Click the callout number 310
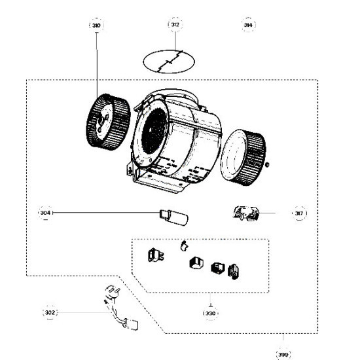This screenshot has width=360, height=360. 96,25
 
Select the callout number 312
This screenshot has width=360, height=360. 175,25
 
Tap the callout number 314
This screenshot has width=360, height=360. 248,25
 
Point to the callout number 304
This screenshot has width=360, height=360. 45,213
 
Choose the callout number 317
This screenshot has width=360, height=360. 299,213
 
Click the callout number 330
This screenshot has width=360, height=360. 210,314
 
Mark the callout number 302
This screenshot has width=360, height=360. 51,313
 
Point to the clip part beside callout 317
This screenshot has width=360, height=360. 243,213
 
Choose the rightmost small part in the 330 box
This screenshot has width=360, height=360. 232,270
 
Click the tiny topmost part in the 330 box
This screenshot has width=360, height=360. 184,245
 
